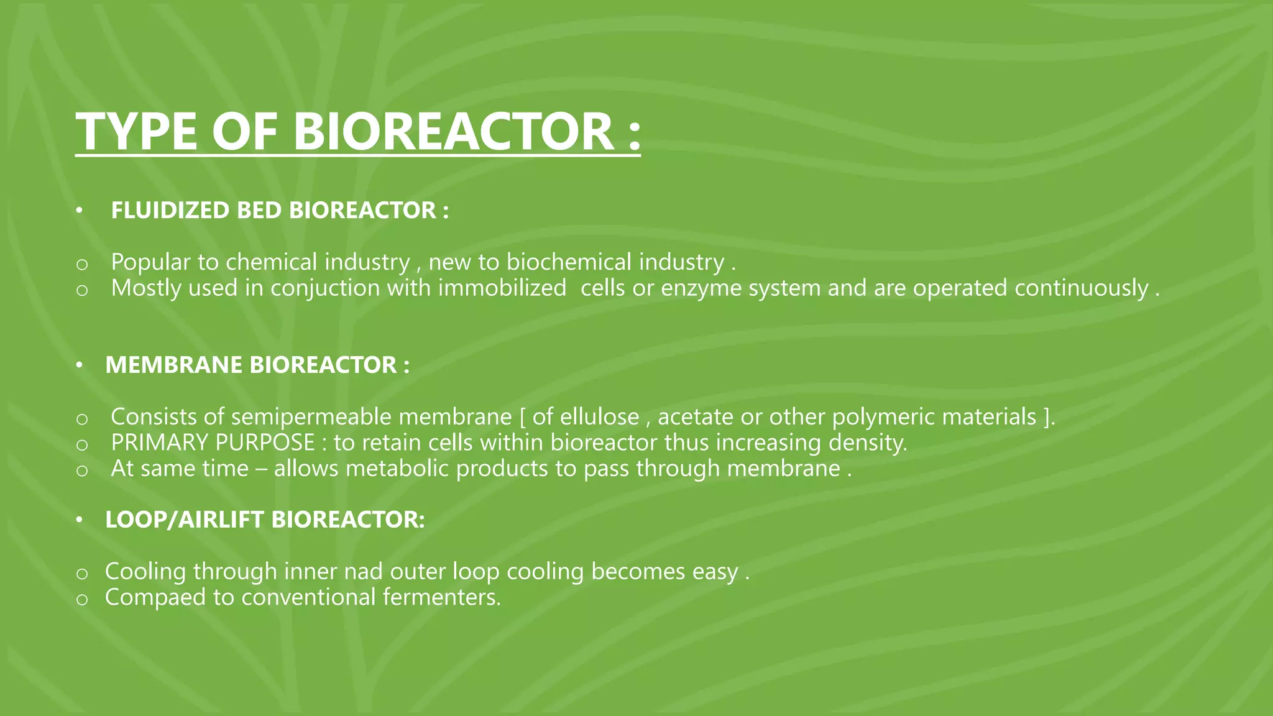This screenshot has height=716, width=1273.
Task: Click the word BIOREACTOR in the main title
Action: pyautogui.click(x=454, y=132)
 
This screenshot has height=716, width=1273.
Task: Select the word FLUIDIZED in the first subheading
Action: pyautogui.click(x=170, y=211)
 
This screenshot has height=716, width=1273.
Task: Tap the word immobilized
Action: pyautogui.click(x=502, y=288)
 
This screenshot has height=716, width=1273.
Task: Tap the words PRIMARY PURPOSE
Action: pyautogui.click(x=213, y=443)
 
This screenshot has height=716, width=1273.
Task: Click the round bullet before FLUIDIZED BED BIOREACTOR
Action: pyautogui.click(x=79, y=211)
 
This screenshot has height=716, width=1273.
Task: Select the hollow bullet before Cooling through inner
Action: pyautogui.click(x=81, y=574)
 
